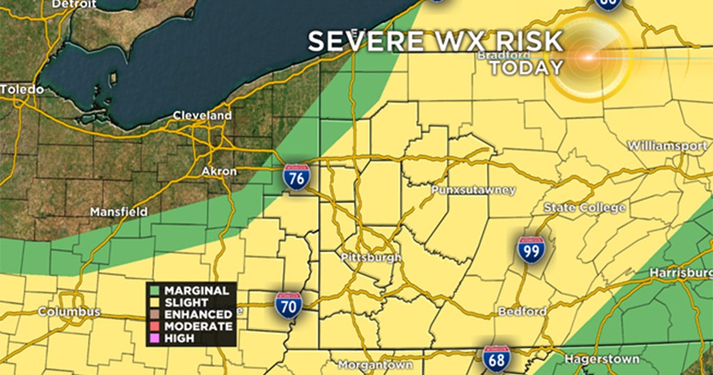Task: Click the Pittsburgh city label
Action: coord(371,258)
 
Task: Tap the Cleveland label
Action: coord(202,115)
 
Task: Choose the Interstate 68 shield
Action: coord(496,359)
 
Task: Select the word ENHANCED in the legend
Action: coord(197,314)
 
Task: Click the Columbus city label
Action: coord(69,312)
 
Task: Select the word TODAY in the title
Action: coord(526,68)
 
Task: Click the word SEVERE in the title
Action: coord(356,41)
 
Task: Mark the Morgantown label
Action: coord(375,365)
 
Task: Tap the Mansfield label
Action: coord(119,211)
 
